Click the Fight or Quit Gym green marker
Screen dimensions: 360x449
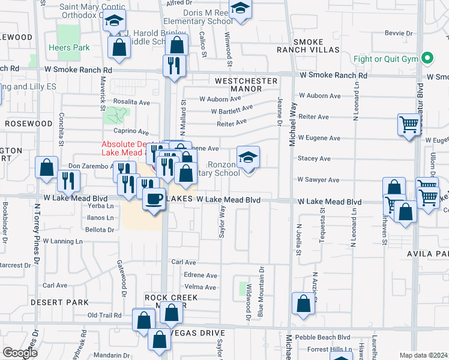tap(427, 59)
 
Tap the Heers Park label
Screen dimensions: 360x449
tap(69, 48)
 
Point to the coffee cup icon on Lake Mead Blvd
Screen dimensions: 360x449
tap(154, 198)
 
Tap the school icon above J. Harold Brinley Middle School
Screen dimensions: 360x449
tap(114, 22)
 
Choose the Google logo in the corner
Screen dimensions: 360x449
tap(20, 353)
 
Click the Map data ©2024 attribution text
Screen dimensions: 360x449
tap(424, 355)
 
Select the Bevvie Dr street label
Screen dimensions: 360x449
tap(402, 33)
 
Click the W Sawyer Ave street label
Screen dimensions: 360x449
tap(318, 180)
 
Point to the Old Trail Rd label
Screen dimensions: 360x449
tap(104, 315)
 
